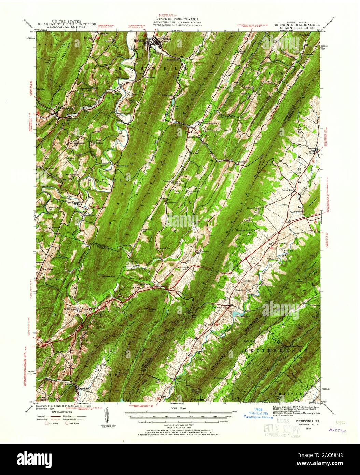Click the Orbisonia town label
coord(164,39)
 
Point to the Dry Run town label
coord(309,154)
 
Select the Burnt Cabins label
coord(144,284)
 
